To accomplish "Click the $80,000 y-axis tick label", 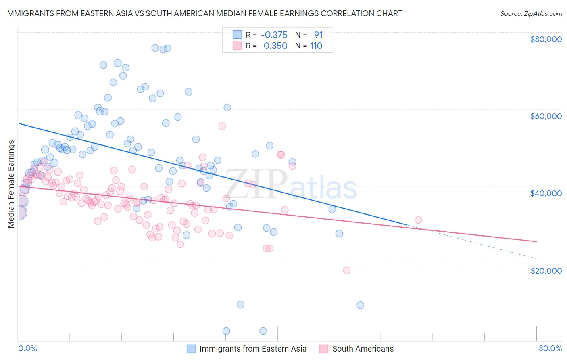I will (546, 39).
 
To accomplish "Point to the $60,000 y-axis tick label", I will (546, 116).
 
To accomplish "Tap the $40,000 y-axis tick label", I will (546, 193).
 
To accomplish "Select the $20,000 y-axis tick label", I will (546, 270).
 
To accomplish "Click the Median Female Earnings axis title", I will (11, 184).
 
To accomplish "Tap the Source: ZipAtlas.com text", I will (531, 14).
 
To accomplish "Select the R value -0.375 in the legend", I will (274, 35).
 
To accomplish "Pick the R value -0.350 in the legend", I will (273, 46).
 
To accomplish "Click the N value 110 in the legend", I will (316, 46).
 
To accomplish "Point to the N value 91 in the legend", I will (318, 35).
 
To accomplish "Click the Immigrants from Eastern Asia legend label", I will (253, 349).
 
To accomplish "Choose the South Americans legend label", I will (363, 349).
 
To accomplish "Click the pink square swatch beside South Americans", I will (323, 349).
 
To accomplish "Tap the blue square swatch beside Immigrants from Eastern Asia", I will (191, 349).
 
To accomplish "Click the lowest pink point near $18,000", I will (346, 270).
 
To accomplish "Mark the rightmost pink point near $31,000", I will (418, 220).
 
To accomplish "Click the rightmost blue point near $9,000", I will (360, 305).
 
